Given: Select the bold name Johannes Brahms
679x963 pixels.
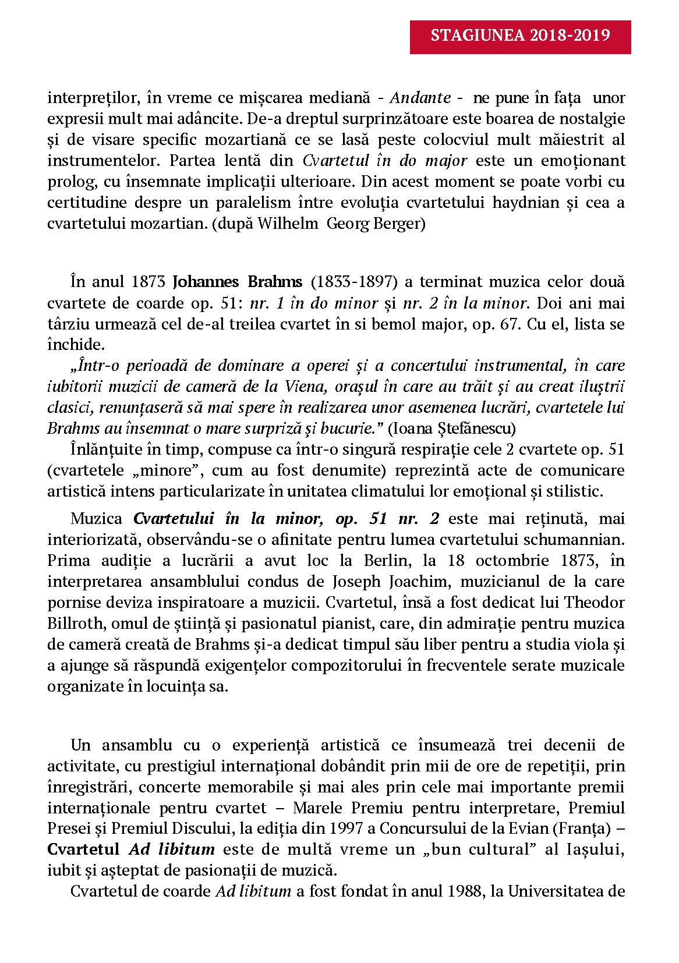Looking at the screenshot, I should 238,282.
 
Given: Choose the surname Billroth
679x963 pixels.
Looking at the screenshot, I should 71,623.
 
